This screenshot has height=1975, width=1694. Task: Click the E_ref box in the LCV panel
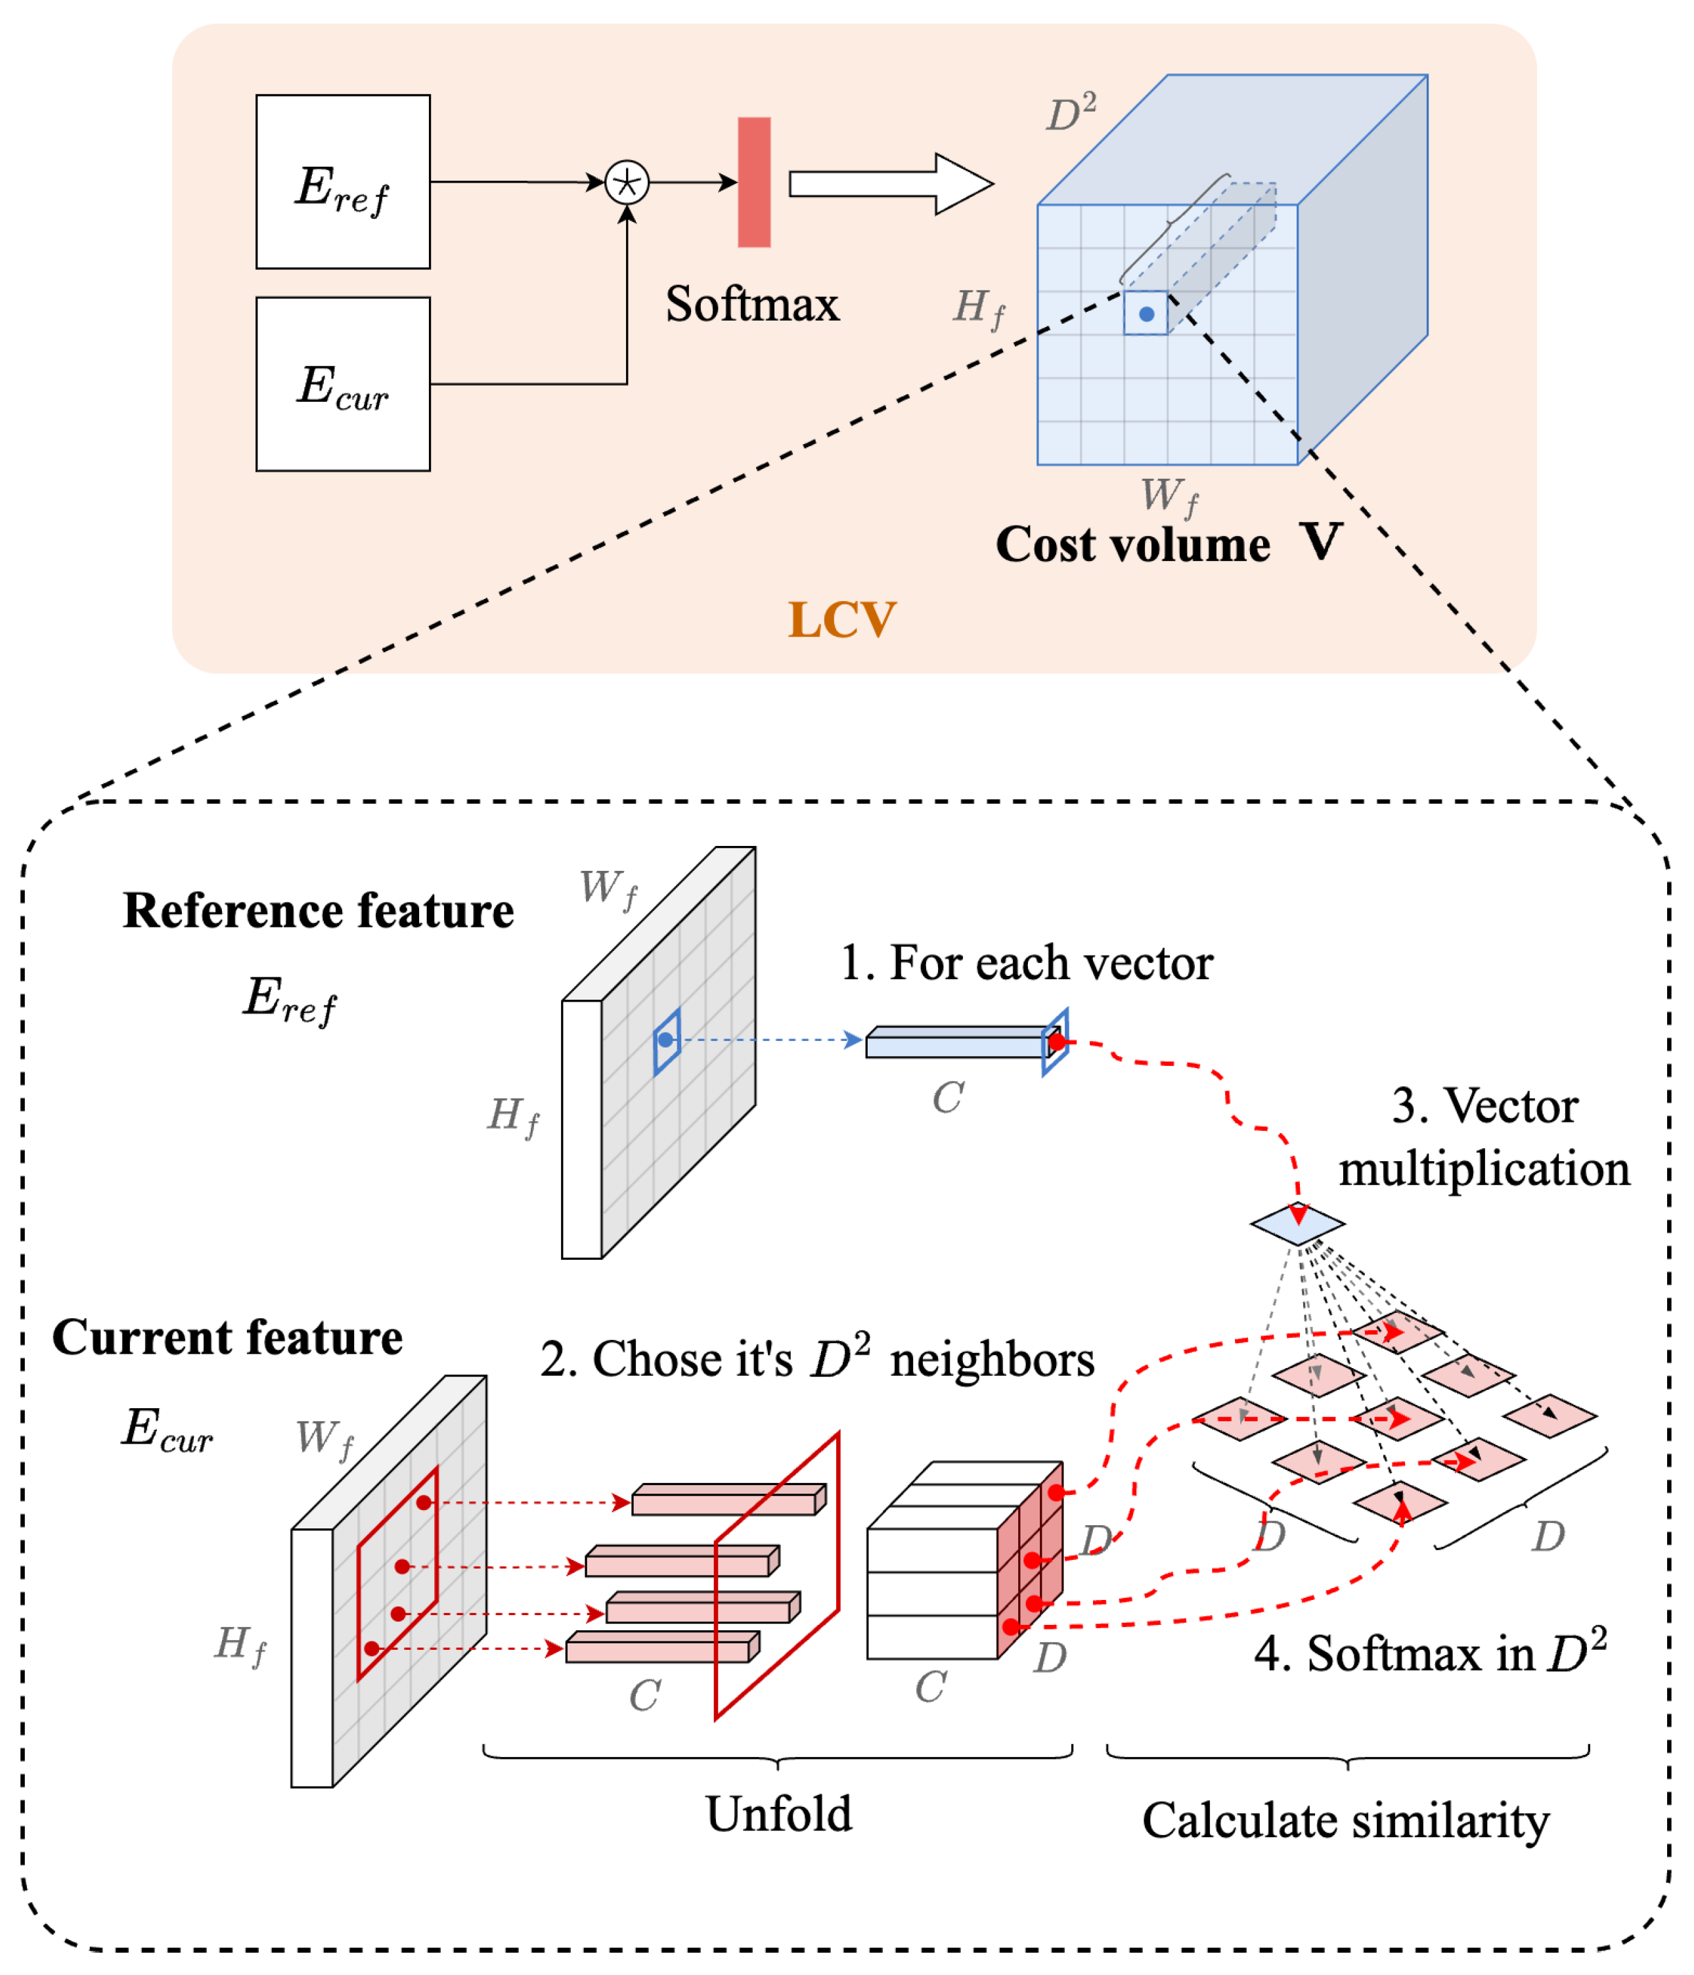[x=342, y=181]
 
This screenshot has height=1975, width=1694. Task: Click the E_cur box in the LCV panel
[x=342, y=384]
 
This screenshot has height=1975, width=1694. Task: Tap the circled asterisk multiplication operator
[x=627, y=182]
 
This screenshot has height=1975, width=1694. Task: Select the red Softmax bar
[x=753, y=182]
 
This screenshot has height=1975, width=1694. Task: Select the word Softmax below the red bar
[x=751, y=305]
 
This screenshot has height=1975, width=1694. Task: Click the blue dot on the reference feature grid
[x=665, y=1040]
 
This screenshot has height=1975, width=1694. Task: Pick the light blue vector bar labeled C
[x=956, y=1045]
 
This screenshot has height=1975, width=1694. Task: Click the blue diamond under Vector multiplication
[x=1297, y=1224]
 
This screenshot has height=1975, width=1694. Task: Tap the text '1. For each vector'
[x=1026, y=963]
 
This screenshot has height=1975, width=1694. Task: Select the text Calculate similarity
[x=1345, y=1821]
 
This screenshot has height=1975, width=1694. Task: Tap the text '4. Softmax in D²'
[x=1430, y=1654]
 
